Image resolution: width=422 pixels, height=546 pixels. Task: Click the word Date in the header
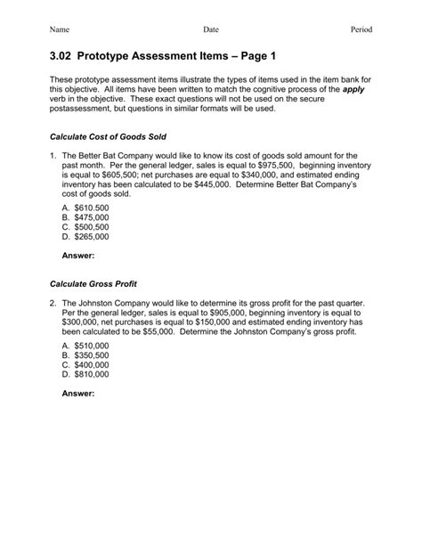[211, 30]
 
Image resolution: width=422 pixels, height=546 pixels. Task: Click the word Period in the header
[361, 30]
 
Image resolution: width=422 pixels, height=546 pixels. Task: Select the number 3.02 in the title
[65, 56]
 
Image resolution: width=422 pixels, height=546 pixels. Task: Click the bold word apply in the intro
[354, 92]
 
